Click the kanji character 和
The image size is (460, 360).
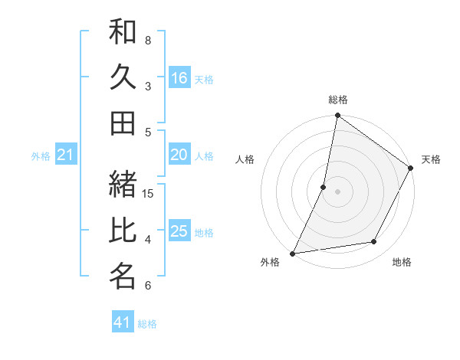(123, 32)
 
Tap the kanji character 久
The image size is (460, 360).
(123, 77)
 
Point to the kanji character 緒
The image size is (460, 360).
(123, 185)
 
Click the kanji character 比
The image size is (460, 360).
(123, 231)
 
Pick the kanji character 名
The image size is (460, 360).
(123, 277)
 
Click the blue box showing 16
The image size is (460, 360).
(179, 77)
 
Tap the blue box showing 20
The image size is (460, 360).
(179, 155)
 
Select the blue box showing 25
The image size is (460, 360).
(179, 231)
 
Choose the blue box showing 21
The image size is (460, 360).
(66, 155)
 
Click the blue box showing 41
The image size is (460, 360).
(123, 322)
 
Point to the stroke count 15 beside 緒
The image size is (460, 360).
(149, 193)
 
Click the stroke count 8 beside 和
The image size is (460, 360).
(148, 40)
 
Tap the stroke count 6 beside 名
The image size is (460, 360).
(148, 286)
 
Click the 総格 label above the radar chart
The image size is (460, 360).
(338, 100)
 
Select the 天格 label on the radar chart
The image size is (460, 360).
(431, 159)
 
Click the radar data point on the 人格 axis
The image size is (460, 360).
(324, 186)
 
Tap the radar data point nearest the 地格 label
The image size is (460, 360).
(374, 242)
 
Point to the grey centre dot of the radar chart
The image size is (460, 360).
(337, 191)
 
